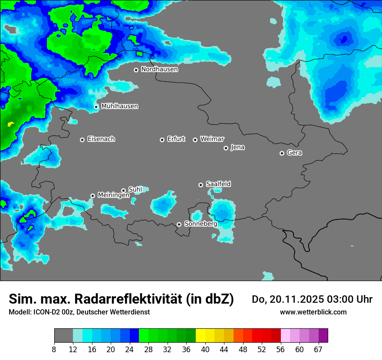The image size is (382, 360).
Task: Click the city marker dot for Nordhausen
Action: click(136, 70)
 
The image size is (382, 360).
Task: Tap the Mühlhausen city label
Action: click(119, 106)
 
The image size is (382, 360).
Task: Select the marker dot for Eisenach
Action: click(82, 140)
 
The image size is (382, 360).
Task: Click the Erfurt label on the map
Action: click(176, 139)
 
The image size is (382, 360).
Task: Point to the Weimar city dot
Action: click(195, 140)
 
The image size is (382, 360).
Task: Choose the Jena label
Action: click(237, 147)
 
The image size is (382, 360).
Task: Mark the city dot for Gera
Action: click(282, 153)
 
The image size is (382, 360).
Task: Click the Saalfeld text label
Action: click(218, 184)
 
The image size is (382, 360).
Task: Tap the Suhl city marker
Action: click(123, 190)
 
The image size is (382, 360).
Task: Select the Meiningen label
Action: click(113, 196)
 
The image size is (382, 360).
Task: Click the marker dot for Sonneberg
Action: click(179, 225)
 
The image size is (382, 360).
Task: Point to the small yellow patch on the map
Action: click(11, 124)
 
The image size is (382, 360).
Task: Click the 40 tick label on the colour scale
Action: click(205, 349)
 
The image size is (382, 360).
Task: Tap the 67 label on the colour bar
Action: click(318, 349)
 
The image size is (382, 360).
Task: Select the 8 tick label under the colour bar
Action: click(54, 349)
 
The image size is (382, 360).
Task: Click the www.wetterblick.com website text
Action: click(313, 312)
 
